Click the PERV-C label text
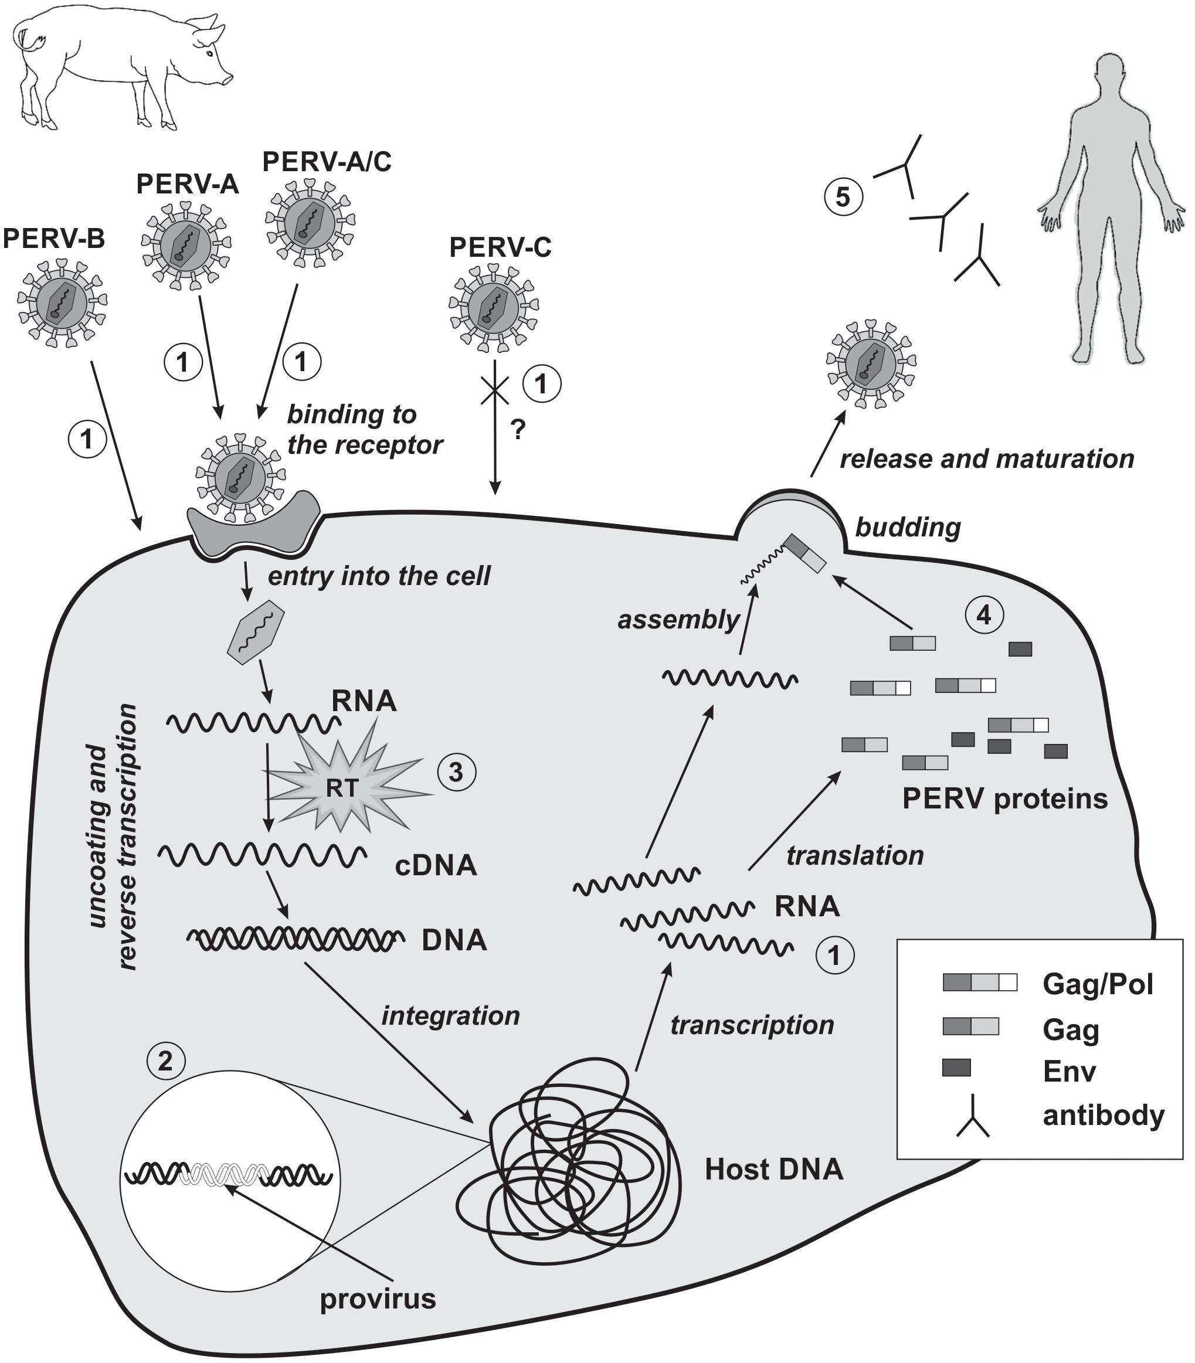click(500, 247)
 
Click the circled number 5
click(843, 198)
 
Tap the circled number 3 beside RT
click(456, 772)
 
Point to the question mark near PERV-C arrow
click(518, 430)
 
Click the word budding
click(908, 528)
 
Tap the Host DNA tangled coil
click(567, 1174)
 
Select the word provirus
click(378, 1299)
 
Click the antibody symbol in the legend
click(973, 1116)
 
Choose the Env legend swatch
click(956, 1068)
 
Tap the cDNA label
click(436, 865)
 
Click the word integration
click(450, 1015)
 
